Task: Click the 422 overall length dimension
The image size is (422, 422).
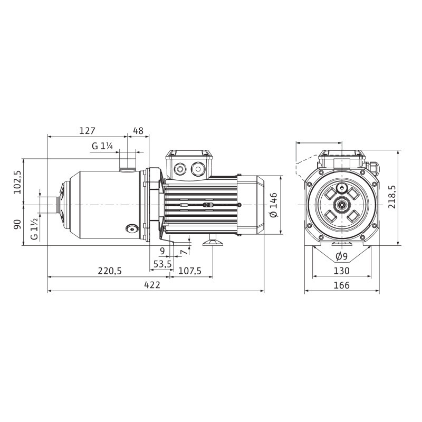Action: click(152, 285)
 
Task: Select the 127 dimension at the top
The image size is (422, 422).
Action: click(87, 131)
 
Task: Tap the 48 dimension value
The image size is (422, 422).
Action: click(138, 131)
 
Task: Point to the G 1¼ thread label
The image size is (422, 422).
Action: click(102, 146)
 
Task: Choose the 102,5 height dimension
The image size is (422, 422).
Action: click(18, 182)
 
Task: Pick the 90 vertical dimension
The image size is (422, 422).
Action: click(17, 225)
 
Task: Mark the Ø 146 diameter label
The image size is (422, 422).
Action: click(273, 205)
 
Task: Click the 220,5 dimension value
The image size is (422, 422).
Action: click(110, 271)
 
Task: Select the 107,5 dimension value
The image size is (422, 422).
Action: click(190, 271)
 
